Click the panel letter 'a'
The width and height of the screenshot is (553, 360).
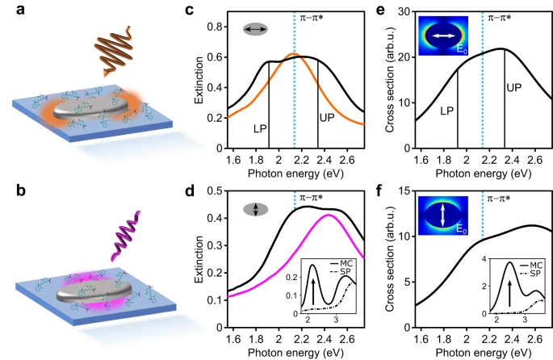point(10,10)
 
